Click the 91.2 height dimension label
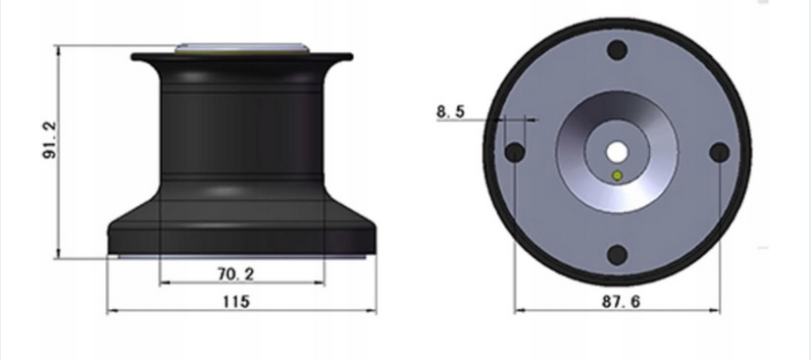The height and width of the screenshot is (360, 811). (x=50, y=139)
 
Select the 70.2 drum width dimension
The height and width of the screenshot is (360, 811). (x=235, y=274)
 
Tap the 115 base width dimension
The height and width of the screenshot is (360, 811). (x=236, y=301)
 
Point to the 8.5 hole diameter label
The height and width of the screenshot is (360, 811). (x=450, y=111)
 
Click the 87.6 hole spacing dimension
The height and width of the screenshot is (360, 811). (x=621, y=301)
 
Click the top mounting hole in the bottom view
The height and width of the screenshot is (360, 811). (x=617, y=50)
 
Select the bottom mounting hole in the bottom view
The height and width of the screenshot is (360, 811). (x=617, y=255)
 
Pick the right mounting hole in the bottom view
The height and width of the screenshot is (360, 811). (x=720, y=153)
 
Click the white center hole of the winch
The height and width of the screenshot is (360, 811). (x=617, y=152)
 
